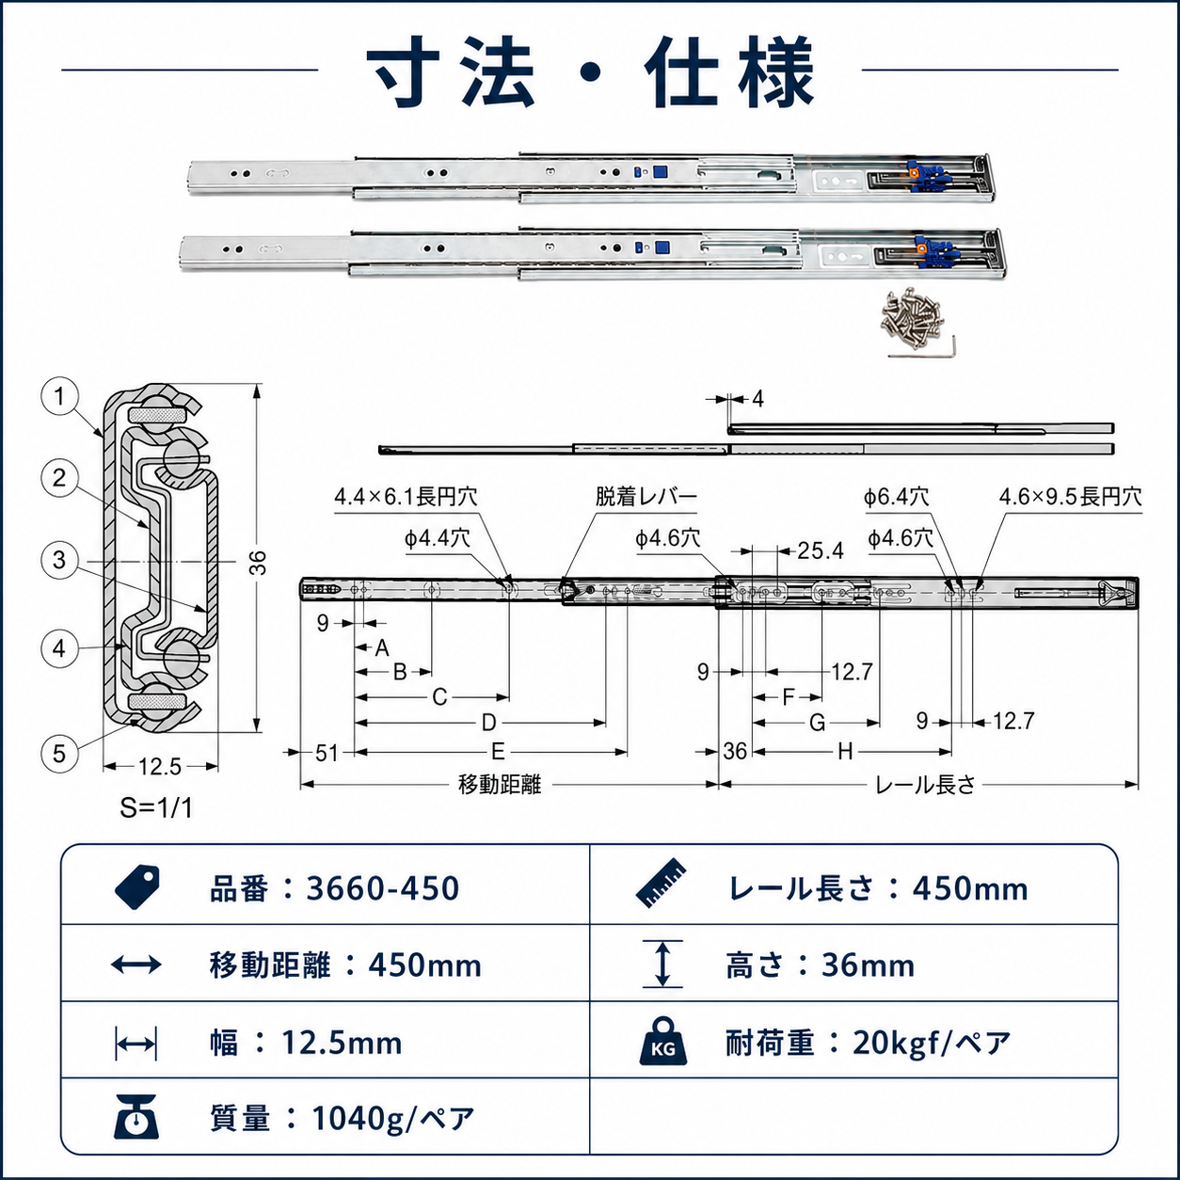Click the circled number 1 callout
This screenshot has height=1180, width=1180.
[x=59, y=397]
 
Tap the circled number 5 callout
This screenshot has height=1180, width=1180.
[x=59, y=754]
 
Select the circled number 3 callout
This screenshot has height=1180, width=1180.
[x=59, y=560]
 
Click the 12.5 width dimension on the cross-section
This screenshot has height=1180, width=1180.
[x=160, y=767]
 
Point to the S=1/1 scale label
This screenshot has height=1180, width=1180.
[x=156, y=808]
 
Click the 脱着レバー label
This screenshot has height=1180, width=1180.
[x=646, y=497]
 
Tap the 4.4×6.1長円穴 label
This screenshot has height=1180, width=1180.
[x=406, y=497]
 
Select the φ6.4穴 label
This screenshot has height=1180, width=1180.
[x=896, y=497]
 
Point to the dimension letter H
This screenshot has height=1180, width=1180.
[x=846, y=752]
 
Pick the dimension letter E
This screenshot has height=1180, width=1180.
[x=498, y=752]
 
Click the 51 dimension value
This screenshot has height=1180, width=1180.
[x=327, y=753]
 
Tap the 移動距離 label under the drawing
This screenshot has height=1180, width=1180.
[x=500, y=785]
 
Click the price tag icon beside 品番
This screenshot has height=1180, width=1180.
[x=137, y=887]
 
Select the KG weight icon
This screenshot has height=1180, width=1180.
[x=663, y=1042]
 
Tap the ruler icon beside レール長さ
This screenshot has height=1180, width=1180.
[x=661, y=884]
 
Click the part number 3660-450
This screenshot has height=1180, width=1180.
[x=383, y=888]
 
